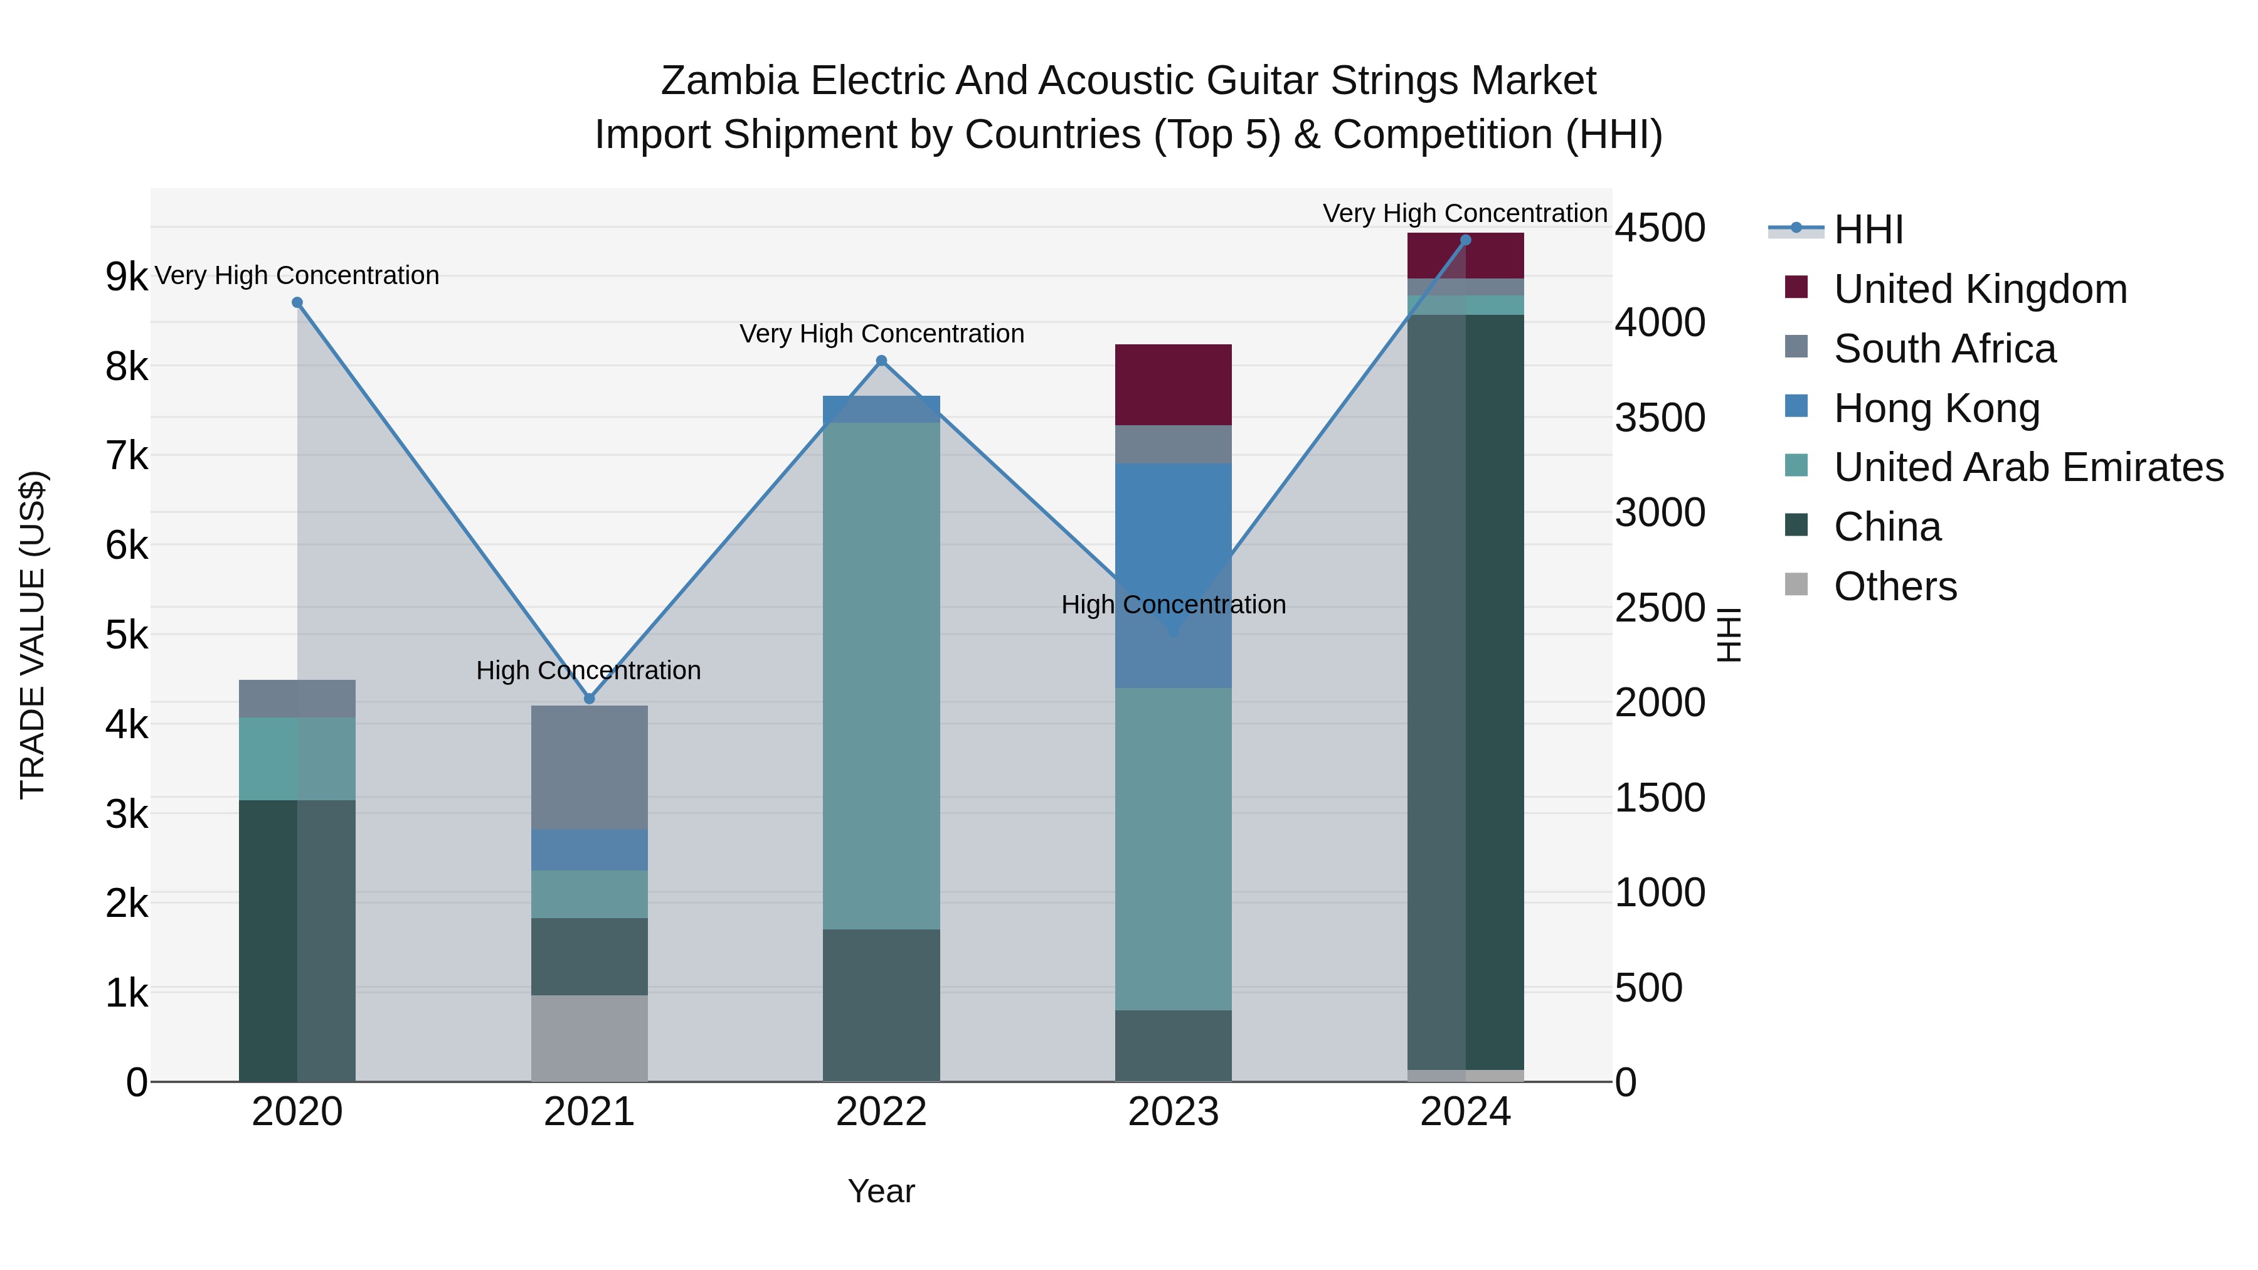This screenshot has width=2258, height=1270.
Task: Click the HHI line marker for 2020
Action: (297, 302)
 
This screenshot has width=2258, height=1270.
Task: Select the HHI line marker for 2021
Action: (589, 699)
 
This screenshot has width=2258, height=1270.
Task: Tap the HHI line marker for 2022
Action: (882, 360)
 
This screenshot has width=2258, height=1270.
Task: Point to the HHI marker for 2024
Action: (1466, 240)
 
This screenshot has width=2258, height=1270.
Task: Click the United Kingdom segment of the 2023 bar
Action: (1173, 385)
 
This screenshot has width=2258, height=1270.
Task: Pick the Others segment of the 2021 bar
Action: (589, 1038)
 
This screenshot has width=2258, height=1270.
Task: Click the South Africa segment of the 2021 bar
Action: (589, 767)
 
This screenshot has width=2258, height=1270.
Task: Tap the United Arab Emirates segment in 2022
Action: (882, 675)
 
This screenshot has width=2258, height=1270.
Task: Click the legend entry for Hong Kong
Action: (1936, 408)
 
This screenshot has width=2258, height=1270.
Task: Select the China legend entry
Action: (1887, 527)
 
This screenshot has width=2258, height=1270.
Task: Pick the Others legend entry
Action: (1895, 586)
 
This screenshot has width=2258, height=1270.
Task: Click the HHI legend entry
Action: (1868, 230)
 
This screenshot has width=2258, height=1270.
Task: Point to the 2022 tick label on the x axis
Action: (882, 1112)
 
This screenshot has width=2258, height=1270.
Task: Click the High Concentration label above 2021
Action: (588, 670)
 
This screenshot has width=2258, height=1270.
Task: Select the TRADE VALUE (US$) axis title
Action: (33, 635)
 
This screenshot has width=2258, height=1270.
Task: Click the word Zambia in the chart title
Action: (729, 81)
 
